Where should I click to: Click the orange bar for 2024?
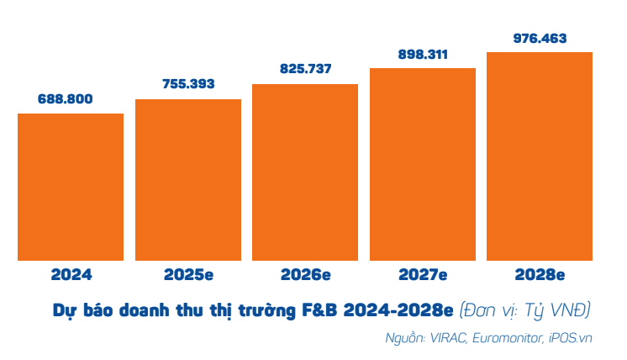click(71, 187)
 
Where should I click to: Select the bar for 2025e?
click(188, 180)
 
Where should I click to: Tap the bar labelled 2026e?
click(305, 172)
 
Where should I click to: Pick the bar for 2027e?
click(423, 164)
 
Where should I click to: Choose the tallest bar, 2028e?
click(540, 156)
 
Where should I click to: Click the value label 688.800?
click(71, 99)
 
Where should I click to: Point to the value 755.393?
click(188, 84)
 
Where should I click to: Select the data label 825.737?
click(305, 69)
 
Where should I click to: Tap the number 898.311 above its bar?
click(423, 54)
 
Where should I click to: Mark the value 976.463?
click(540, 38)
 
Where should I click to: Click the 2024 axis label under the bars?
click(71, 275)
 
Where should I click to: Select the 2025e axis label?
click(188, 275)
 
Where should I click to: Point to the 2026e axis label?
click(305, 275)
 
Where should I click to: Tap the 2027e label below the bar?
click(423, 275)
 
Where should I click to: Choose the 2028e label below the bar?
click(540, 275)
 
